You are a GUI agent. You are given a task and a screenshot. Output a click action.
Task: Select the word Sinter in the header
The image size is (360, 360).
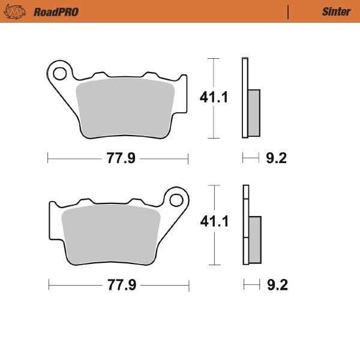point(336,12)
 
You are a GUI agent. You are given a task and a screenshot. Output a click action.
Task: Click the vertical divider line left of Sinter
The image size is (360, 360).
point(289,12)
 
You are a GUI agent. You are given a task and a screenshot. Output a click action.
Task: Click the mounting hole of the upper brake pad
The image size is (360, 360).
point(59,74)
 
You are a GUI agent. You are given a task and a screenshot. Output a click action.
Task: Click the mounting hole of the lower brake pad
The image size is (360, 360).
point(176,199)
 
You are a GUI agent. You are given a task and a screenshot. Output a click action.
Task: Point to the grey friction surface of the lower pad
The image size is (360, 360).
point(112,234)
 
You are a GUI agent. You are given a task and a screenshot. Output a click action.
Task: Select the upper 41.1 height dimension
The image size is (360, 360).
point(214,97)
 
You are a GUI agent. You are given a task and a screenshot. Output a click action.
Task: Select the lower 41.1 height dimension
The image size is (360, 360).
point(215,221)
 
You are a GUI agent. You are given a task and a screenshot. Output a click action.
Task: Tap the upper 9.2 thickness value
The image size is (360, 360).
point(277,158)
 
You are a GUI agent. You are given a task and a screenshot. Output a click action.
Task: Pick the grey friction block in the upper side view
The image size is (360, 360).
point(254,112)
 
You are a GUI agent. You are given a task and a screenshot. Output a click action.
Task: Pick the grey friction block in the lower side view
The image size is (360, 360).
point(255,239)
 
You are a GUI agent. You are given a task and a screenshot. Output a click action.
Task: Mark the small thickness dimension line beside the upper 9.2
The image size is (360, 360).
point(251,158)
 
